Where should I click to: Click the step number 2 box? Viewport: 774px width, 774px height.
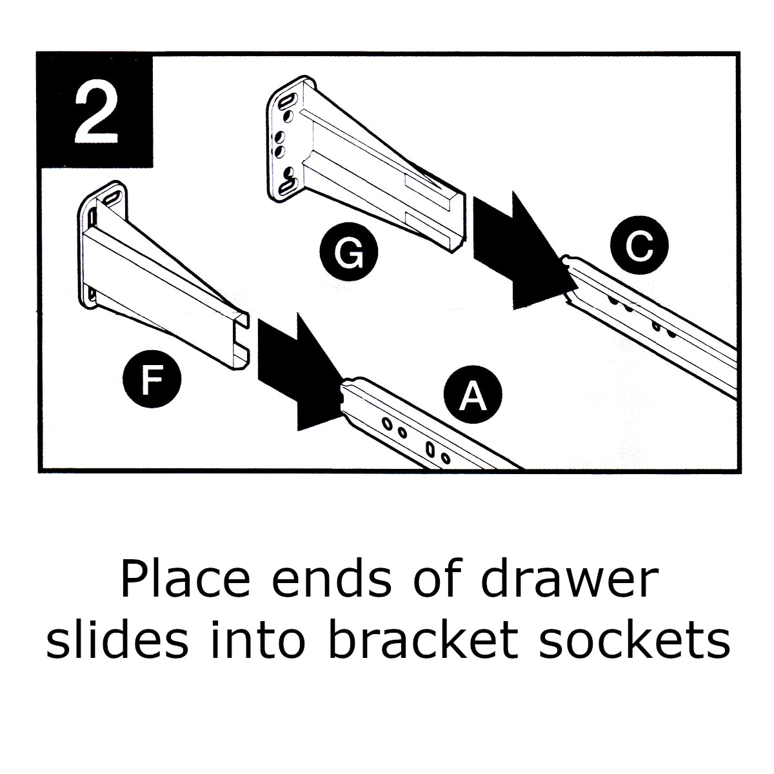[x=95, y=111]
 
